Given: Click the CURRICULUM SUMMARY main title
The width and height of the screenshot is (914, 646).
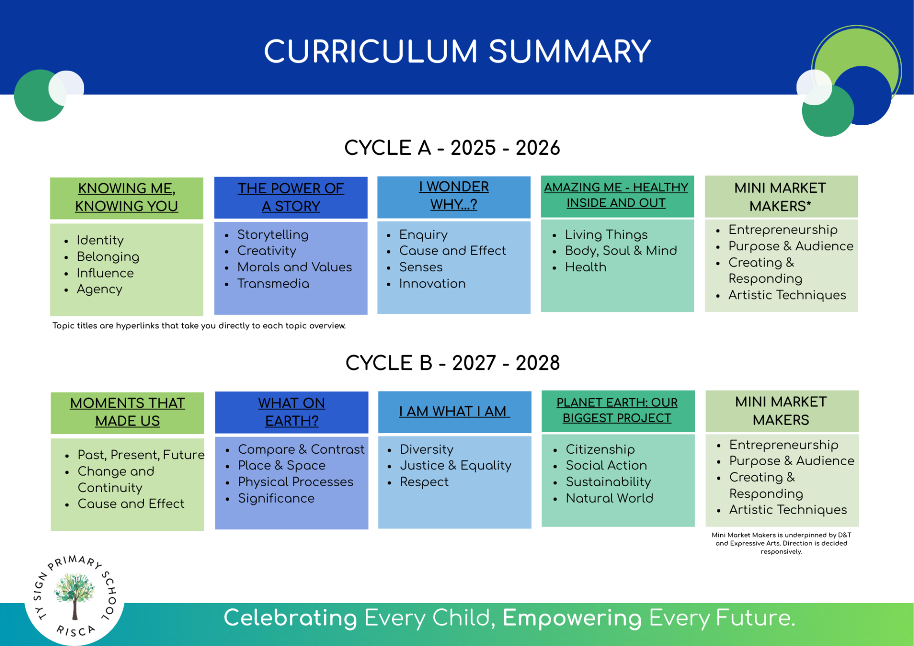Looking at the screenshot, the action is (457, 51).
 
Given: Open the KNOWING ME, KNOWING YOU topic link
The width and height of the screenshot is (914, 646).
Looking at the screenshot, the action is (127, 197).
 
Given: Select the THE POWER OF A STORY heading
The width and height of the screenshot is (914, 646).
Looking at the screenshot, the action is (291, 197).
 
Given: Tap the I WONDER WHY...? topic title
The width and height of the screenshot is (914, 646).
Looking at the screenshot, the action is (454, 195).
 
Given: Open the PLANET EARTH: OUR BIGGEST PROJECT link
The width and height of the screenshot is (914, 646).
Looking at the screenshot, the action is (617, 410).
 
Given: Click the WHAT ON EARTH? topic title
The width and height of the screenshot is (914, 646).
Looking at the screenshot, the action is (292, 412).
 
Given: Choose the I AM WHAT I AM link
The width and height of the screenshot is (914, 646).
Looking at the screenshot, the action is (455, 411).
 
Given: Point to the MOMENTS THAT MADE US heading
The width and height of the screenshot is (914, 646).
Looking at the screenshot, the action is (127, 412).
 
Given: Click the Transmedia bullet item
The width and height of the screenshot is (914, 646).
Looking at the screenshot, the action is (273, 284).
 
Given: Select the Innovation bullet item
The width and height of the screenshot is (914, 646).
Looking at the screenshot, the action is (432, 284).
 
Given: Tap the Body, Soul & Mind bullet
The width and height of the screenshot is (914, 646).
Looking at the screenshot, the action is (621, 251).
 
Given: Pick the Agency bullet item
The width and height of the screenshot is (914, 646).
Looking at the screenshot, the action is (99, 289).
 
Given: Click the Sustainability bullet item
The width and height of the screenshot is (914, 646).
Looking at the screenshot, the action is (608, 482).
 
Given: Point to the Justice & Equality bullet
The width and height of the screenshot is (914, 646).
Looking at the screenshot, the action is (456, 466).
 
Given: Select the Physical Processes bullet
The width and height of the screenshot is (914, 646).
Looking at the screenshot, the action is (296, 482).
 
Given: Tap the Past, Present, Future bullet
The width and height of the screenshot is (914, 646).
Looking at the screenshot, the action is (141, 455).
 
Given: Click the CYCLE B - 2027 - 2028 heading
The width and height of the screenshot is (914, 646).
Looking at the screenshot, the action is (453, 363).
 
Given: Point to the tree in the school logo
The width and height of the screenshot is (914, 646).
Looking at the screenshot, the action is (74, 595).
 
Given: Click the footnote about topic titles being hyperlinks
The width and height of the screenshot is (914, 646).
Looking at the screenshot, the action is (199, 326).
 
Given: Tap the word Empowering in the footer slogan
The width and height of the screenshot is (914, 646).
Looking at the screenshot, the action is (572, 618).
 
